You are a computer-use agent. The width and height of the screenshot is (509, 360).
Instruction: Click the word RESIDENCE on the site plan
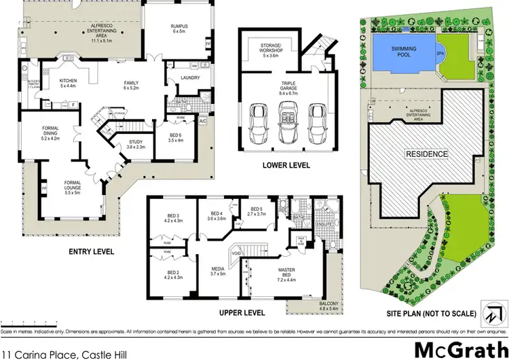coord(426,154)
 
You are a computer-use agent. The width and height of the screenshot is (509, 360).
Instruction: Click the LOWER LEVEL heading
coord(287,165)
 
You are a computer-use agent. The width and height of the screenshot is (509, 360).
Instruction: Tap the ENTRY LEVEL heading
coord(92,251)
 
